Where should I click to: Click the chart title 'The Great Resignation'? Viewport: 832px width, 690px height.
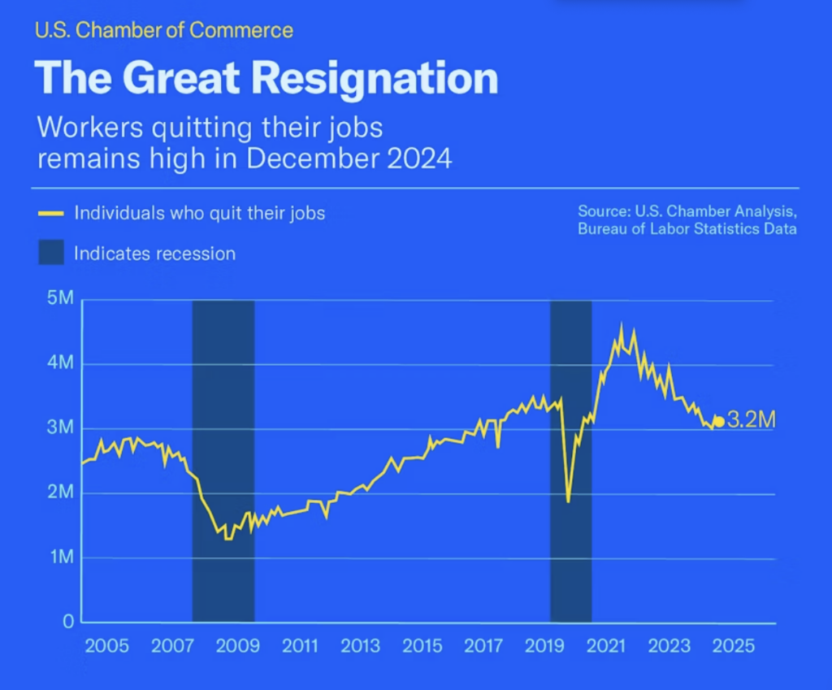[x=266, y=78]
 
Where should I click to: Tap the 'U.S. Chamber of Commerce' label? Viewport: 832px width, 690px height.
[x=163, y=32]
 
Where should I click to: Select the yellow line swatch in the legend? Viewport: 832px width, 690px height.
[x=50, y=214]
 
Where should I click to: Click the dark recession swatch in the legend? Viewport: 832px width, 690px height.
[x=50, y=253]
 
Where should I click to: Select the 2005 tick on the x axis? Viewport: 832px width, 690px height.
[x=107, y=647]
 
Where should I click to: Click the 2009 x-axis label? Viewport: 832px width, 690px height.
[x=237, y=647]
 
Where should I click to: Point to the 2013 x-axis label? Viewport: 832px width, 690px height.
[x=359, y=647]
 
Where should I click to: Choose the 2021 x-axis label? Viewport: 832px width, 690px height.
[x=606, y=647]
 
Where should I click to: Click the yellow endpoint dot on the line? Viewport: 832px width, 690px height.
[x=718, y=422]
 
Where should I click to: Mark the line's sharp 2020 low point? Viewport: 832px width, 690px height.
[x=568, y=501]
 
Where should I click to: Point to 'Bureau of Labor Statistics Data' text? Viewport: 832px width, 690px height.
[x=687, y=229]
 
